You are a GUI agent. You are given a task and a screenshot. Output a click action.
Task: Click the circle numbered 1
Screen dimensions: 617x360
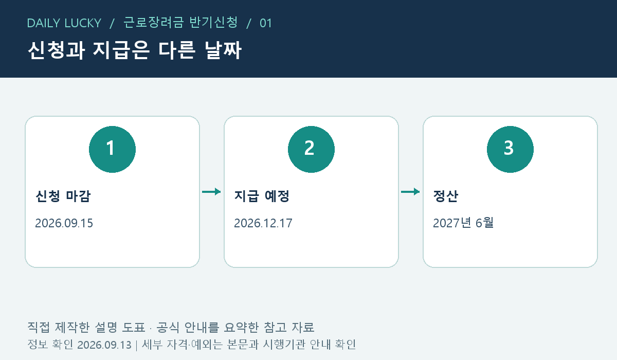[x=113, y=149]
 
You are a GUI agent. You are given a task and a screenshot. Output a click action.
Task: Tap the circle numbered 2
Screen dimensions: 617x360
[x=311, y=149]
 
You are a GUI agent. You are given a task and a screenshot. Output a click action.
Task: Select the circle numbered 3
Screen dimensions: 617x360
[x=510, y=149]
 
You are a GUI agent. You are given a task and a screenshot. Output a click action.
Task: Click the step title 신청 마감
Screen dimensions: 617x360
[x=63, y=196]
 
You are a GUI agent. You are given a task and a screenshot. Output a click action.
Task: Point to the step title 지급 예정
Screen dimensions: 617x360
[x=262, y=196]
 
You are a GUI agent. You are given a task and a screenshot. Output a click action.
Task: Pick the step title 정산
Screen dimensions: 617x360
[x=446, y=196]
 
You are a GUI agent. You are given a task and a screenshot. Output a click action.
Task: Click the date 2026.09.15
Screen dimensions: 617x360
[x=64, y=223]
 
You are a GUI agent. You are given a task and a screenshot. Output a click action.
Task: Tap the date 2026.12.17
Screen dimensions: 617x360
[x=263, y=223]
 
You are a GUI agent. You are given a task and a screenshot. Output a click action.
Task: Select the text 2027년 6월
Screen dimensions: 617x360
[x=463, y=223]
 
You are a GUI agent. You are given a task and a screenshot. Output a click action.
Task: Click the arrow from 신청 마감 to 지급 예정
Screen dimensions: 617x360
[x=211, y=192]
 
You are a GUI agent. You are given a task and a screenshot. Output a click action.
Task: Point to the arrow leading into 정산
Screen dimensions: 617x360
[x=410, y=192]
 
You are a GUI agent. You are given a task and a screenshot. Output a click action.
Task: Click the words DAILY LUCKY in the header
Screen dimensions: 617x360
[x=64, y=23]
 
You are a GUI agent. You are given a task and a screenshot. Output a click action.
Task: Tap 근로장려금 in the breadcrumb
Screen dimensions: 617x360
[x=153, y=22]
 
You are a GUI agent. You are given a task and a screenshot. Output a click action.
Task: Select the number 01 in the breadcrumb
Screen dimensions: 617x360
[x=266, y=23]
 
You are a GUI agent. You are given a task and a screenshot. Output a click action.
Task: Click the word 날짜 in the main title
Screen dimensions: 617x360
[x=223, y=50]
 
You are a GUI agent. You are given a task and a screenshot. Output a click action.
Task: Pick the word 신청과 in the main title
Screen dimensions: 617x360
[x=56, y=50]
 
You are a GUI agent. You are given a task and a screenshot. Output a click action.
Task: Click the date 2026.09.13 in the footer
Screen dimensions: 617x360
[x=104, y=345]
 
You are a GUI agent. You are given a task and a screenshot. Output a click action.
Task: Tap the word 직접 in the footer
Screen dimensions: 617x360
[x=39, y=327]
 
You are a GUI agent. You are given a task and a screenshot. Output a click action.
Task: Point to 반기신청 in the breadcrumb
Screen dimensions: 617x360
[x=214, y=22]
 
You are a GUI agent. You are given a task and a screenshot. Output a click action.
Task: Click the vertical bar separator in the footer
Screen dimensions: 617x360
[x=137, y=346]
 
